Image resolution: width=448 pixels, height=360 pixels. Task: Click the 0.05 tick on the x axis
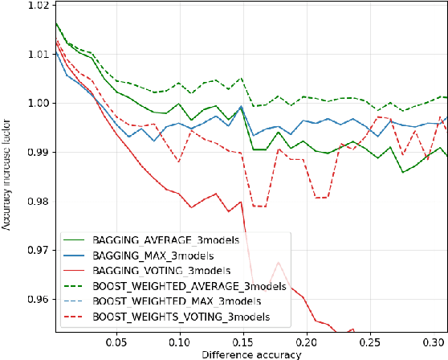tap(116, 341)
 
